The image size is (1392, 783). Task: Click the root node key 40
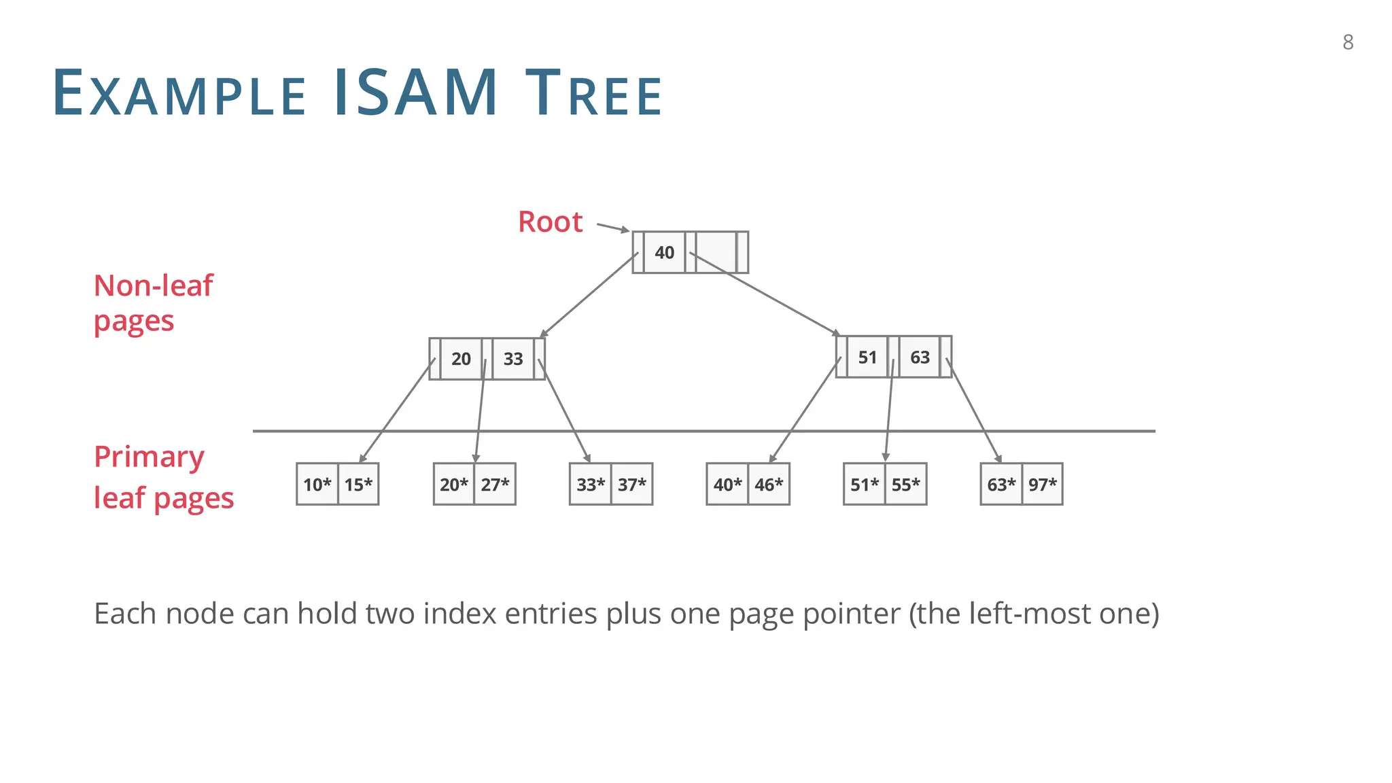pyautogui.click(x=664, y=252)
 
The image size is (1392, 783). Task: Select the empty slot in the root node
pyautogui.click(x=716, y=252)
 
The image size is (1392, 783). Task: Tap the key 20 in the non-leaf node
pyautogui.click(x=461, y=358)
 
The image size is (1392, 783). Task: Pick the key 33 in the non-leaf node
pyautogui.click(x=513, y=358)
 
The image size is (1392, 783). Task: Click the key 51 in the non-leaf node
pyautogui.click(x=867, y=357)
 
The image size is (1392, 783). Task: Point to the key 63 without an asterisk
pyautogui.click(x=920, y=357)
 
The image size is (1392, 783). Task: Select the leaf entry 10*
pyautogui.click(x=317, y=485)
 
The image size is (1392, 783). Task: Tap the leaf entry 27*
pyautogui.click(x=495, y=485)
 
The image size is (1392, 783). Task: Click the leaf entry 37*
pyautogui.click(x=632, y=485)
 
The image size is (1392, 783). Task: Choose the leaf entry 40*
pyautogui.click(x=727, y=485)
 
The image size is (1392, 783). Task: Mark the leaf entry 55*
pyautogui.click(x=905, y=485)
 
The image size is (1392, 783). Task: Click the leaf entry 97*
pyautogui.click(x=1043, y=485)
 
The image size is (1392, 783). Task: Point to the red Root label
pyautogui.click(x=550, y=222)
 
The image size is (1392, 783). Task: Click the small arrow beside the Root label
pyautogui.click(x=612, y=227)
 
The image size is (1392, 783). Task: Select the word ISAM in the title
pyautogui.click(x=416, y=93)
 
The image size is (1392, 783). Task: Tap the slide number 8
pyautogui.click(x=1348, y=42)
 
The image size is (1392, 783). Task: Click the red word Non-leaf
pyautogui.click(x=154, y=285)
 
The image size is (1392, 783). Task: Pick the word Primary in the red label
pyautogui.click(x=149, y=457)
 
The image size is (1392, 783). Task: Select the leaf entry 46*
pyautogui.click(x=769, y=485)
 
